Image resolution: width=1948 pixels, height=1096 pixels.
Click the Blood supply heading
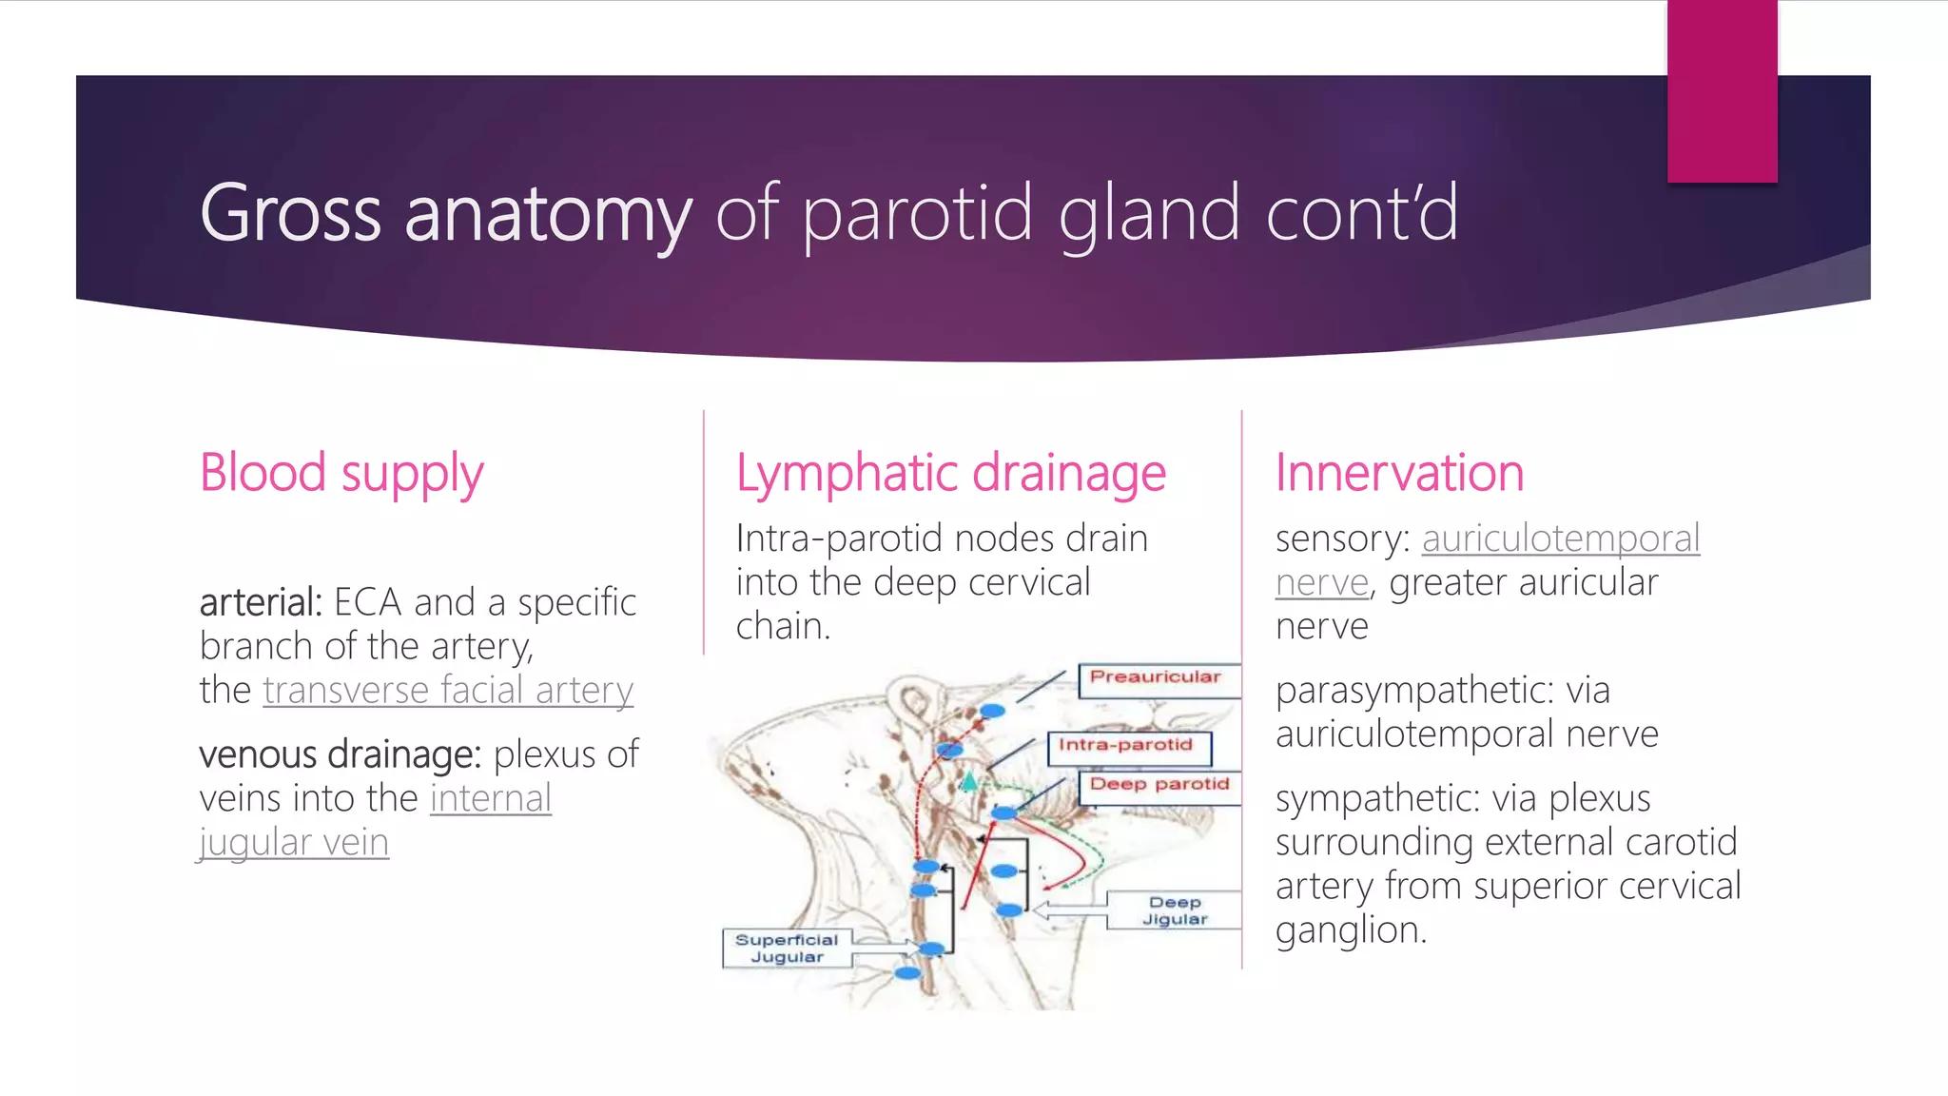coord(341,474)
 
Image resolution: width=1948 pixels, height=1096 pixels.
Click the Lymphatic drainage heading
coord(950,474)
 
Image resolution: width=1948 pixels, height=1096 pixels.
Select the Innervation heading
coord(1399,474)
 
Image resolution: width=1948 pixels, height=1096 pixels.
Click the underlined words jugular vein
coord(294,843)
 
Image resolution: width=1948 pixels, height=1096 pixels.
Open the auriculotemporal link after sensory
coord(1560,539)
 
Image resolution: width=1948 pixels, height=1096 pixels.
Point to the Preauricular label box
coord(1156,678)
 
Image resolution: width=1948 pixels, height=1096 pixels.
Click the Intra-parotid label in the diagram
coord(1126,746)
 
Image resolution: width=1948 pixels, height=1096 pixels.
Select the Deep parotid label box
coord(1159,785)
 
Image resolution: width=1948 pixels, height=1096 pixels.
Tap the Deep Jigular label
coord(1175,910)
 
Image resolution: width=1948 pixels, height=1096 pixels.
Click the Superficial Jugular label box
coord(787,949)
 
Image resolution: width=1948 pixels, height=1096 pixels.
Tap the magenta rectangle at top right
coord(1722,90)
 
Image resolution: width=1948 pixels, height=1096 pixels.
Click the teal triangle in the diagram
coord(968,783)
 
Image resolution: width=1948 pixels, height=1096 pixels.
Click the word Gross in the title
coord(290,214)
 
